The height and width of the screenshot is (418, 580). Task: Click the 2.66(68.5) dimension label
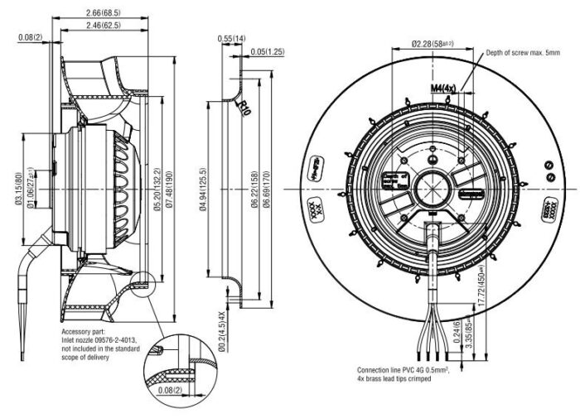coord(103,13)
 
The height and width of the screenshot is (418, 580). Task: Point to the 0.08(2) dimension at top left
coord(31,37)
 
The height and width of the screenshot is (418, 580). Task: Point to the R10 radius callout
coord(244,108)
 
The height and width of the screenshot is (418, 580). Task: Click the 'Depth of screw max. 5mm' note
coord(525,52)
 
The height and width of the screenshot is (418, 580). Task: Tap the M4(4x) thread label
coord(443,87)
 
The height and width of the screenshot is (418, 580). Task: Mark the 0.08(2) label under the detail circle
coord(170,389)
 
